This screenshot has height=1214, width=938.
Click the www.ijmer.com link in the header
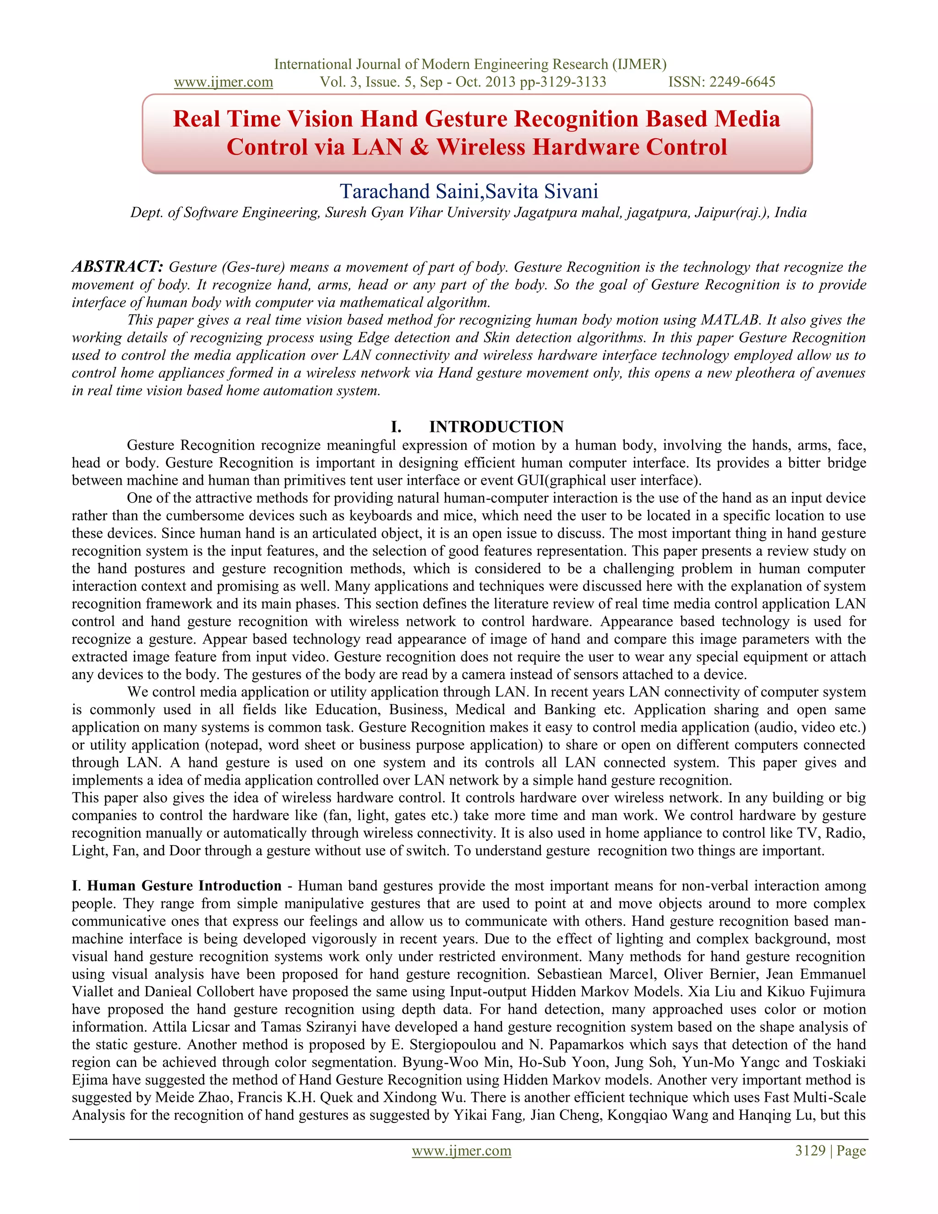tap(224, 82)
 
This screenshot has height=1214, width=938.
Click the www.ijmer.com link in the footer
tap(461, 1151)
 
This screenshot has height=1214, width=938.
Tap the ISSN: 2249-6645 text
tap(721, 82)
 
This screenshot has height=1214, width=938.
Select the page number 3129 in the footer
tap(810, 1151)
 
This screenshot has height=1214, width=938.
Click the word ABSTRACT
tap(117, 267)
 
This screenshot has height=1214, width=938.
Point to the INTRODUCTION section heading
tap(496, 427)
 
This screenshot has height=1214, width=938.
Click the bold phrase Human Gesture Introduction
tap(184, 886)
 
